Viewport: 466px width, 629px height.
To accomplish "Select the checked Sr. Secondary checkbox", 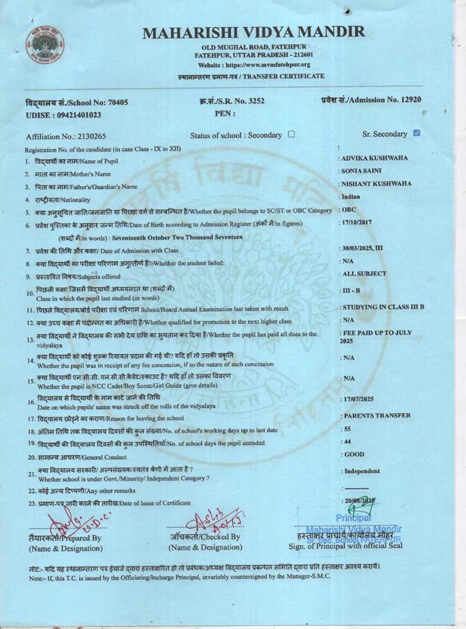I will click(x=417, y=133).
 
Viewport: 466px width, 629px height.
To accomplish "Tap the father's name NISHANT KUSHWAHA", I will click(x=377, y=184).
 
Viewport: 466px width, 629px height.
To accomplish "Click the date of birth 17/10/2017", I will click(x=357, y=222).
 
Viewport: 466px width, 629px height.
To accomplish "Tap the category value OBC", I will click(x=349, y=210).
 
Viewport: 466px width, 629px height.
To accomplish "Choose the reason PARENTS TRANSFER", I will click(x=377, y=415).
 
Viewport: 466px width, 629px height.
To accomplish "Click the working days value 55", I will click(x=348, y=429).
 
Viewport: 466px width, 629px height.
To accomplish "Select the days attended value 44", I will click(x=348, y=441).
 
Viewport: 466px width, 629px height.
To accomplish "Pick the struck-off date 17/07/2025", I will click(x=358, y=399).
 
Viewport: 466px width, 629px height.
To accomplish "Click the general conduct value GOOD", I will click(x=354, y=454).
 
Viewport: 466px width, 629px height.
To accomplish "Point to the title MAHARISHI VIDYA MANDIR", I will click(x=254, y=32).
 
